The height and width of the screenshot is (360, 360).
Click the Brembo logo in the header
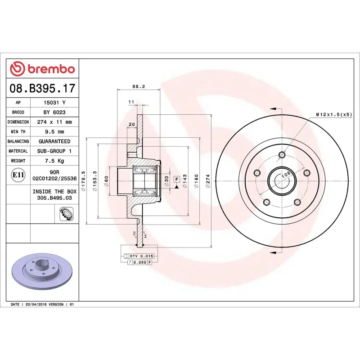[x=42, y=69]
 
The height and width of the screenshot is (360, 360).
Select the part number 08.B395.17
[x=42, y=88]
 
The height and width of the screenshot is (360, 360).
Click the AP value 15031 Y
[x=54, y=103]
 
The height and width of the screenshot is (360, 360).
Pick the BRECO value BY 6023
[x=54, y=112]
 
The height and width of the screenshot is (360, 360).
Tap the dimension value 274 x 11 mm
[x=54, y=122]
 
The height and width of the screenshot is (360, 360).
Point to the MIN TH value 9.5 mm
[x=54, y=131]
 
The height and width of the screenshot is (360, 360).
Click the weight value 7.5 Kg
[x=54, y=161]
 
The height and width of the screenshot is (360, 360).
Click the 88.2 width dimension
[x=139, y=86]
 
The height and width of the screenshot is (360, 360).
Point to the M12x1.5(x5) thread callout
[x=333, y=115]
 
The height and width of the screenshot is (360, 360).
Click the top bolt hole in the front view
[x=282, y=155]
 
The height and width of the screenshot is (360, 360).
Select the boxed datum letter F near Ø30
[x=177, y=179]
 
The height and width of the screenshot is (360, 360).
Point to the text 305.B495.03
[x=54, y=198]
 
